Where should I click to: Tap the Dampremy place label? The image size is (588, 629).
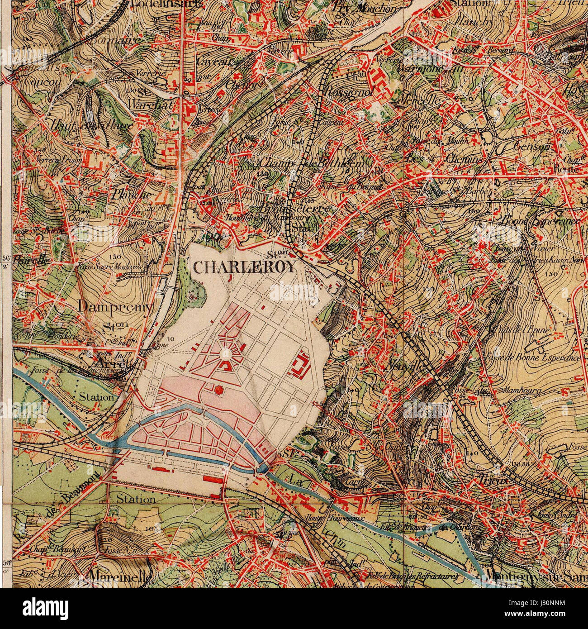[x=115, y=306]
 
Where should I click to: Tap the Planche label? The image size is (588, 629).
[x=131, y=195]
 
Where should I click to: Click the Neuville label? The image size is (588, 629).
[x=404, y=367]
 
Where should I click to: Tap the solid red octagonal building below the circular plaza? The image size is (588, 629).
[x=219, y=389]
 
